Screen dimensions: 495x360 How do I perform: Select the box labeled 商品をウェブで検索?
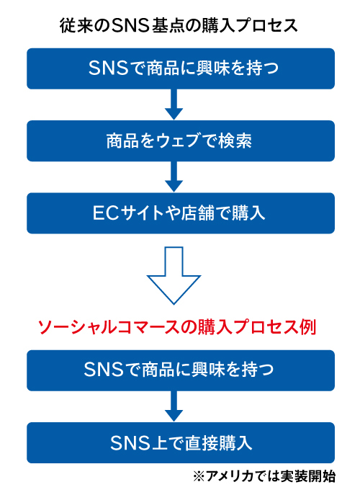(180, 141)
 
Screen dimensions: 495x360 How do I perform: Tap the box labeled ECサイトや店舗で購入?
(180, 213)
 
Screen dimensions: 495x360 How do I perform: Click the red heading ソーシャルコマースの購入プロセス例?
(179, 326)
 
